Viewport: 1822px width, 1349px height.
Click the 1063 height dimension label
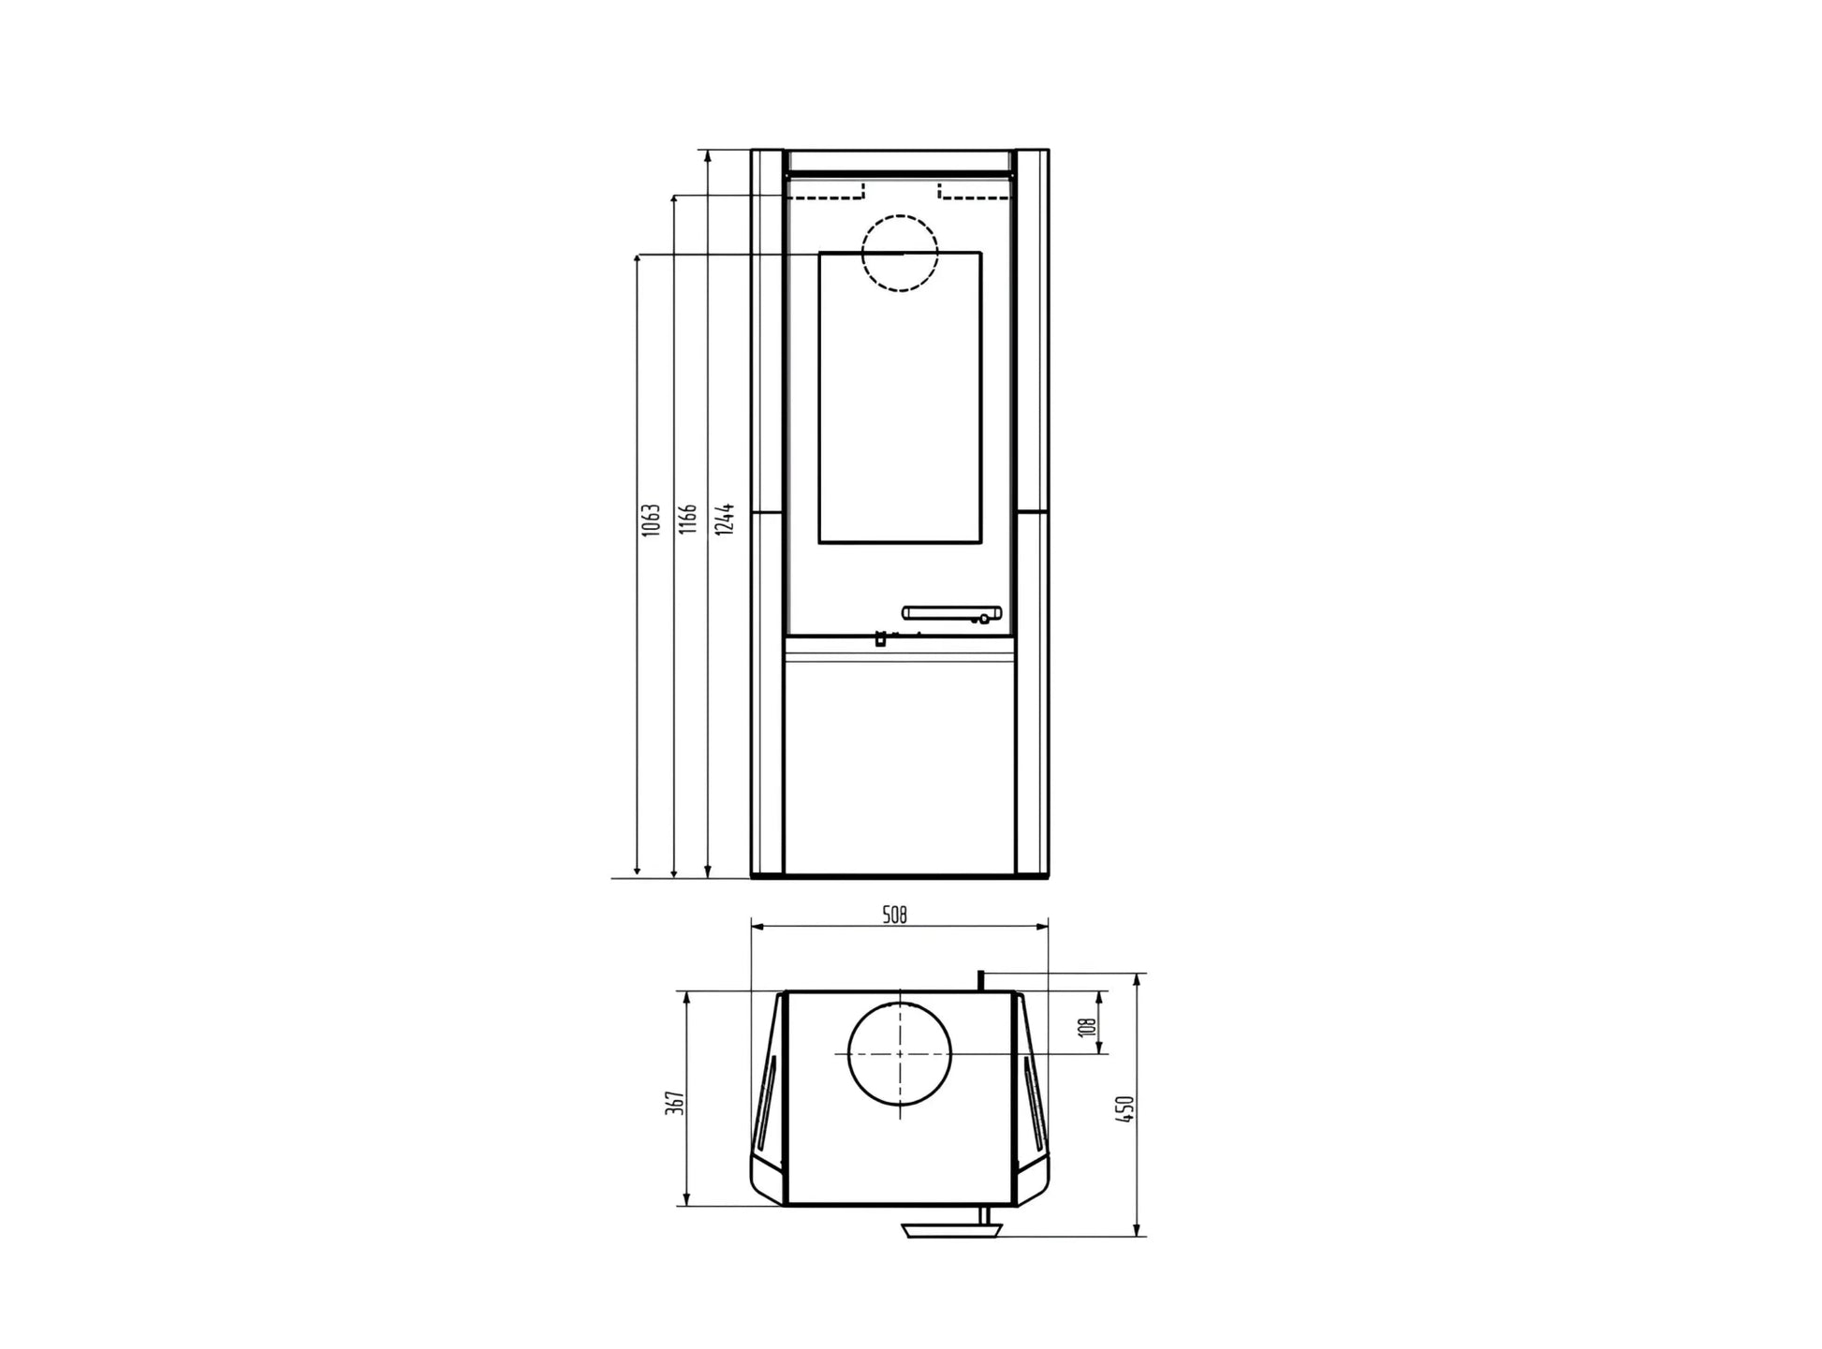coord(652,520)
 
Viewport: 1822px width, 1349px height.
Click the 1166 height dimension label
coord(688,519)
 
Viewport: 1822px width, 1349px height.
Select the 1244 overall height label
coord(724,519)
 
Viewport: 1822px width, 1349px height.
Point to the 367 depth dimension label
coord(681,1102)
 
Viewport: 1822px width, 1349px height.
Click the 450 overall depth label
coord(1126,1108)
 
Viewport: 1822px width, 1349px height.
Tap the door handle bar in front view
coord(951,613)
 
